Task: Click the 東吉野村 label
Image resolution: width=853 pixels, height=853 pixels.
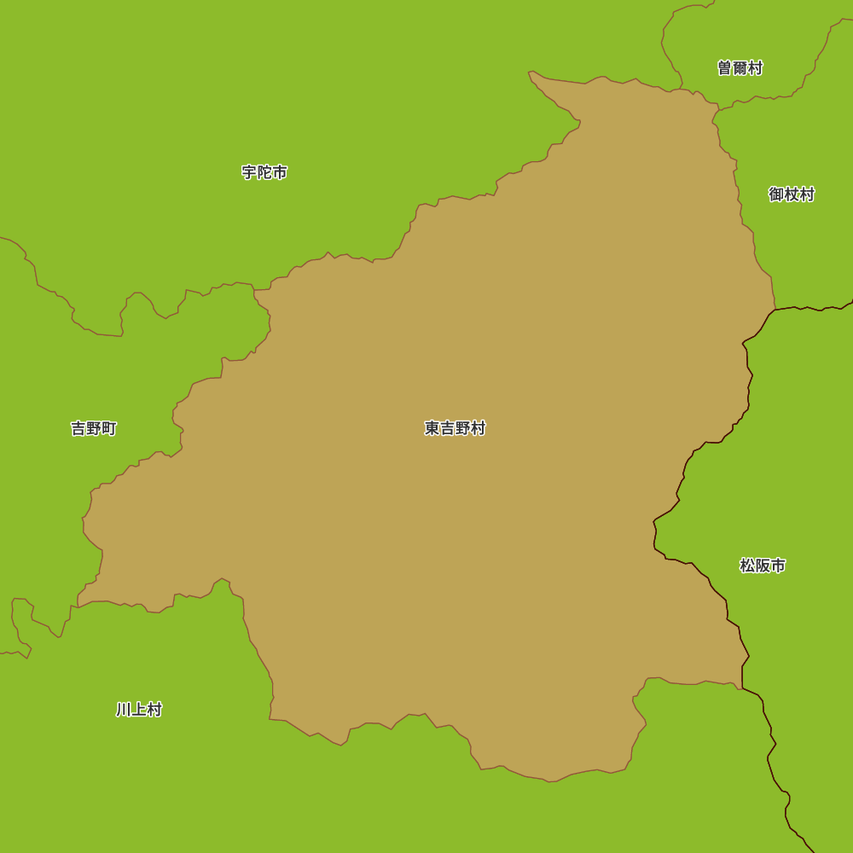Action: pos(455,428)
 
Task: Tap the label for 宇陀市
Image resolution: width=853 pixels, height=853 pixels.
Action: pos(264,172)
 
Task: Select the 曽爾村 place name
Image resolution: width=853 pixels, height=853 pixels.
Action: pos(740,68)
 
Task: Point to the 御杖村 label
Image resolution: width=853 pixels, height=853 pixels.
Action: pos(792,194)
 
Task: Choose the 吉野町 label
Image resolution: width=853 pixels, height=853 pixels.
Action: pos(94,428)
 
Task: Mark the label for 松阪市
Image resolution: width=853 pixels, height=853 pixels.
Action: pos(763,566)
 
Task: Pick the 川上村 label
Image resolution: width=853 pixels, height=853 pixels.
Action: pos(139,710)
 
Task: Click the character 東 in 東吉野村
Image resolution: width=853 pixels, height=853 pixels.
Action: pos(432,428)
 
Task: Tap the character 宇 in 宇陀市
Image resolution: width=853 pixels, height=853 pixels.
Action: pos(249,172)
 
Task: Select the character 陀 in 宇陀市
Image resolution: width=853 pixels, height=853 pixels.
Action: pos(264,172)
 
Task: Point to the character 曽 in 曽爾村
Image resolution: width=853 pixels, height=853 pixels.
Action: pos(725,68)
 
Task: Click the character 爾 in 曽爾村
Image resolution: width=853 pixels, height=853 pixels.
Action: pos(740,68)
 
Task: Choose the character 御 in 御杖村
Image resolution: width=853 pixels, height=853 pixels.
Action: pos(776,194)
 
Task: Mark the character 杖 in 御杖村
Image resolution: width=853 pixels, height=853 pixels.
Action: pos(792,194)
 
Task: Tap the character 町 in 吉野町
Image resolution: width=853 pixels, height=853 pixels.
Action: pos(109,428)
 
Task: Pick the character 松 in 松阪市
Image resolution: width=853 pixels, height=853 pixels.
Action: pos(747,566)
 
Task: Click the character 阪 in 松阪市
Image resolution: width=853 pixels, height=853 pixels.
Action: pos(763,566)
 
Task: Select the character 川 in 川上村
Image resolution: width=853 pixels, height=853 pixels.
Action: pos(124,710)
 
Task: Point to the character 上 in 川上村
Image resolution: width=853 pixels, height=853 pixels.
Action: pos(139,710)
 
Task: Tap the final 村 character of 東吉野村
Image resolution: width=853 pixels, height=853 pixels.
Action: pos(478,428)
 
